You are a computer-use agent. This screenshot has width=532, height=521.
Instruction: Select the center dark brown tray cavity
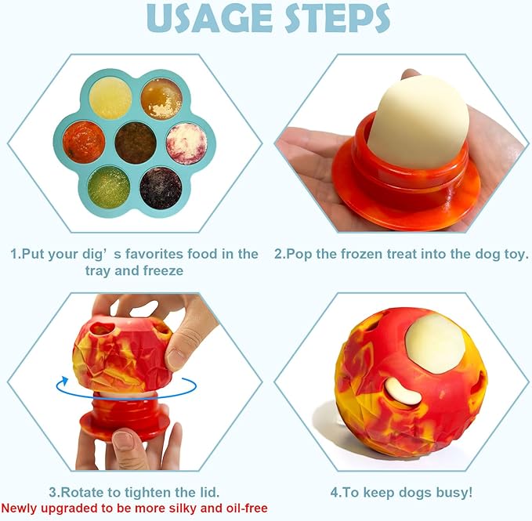pos(135,142)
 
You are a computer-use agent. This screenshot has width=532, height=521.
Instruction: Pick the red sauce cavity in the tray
pos(84,142)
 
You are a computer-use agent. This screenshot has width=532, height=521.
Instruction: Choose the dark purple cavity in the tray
pos(161,186)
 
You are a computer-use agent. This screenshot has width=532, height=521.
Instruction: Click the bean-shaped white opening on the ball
pos(403,389)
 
